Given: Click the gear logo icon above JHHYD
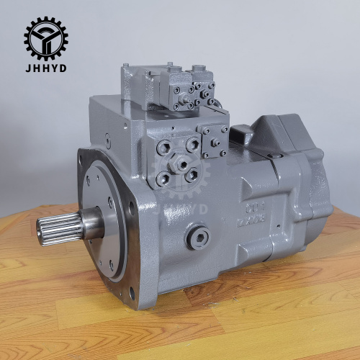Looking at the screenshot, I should point(45,37).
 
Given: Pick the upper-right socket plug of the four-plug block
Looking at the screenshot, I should point(192,144).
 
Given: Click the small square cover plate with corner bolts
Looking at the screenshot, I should point(214,140).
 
